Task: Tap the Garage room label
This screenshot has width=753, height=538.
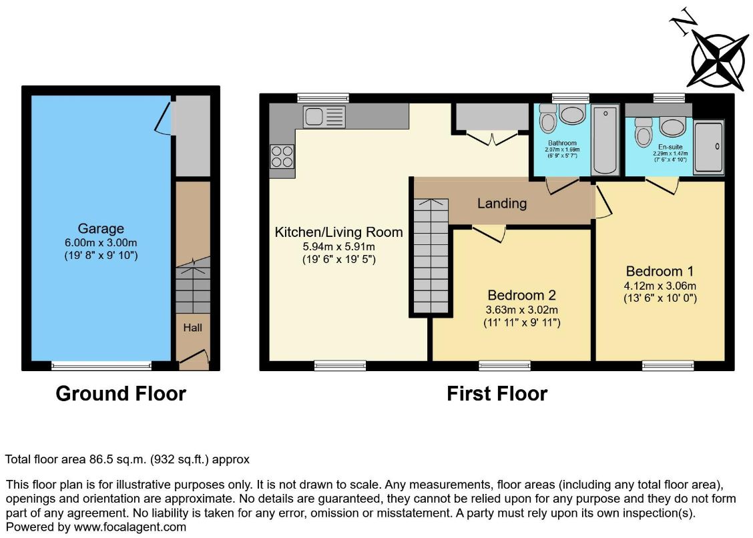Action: point(101,229)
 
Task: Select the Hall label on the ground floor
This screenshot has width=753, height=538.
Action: point(192,328)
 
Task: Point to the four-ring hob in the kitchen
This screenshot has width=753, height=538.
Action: point(282,156)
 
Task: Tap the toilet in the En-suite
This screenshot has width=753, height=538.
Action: point(643,132)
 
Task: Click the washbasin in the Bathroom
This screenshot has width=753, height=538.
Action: point(572,115)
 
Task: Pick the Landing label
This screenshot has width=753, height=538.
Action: point(502,204)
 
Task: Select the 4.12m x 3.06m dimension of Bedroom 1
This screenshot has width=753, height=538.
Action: point(660,286)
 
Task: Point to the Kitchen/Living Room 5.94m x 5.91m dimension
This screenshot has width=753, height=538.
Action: point(338,247)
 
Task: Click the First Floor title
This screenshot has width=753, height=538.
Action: point(497,393)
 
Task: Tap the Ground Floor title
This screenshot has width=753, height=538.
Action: point(121,393)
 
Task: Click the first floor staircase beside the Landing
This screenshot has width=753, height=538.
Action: point(431,256)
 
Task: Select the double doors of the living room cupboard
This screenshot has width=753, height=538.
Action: point(492,138)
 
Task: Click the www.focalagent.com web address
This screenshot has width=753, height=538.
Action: point(130,527)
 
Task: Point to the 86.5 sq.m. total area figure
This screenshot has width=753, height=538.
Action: point(117,459)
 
